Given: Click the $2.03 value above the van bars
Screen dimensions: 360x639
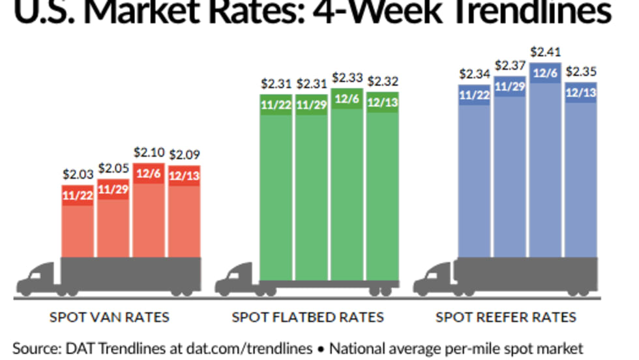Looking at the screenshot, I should tap(78, 174).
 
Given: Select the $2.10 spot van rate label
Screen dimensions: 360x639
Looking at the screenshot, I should tap(148, 152).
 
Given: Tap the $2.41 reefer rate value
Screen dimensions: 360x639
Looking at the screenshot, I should tap(545, 51).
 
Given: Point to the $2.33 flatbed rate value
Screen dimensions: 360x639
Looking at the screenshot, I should tap(348, 77).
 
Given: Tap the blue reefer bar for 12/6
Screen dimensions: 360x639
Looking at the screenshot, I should tap(545, 163).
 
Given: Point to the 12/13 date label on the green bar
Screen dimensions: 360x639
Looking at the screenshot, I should tap(383, 103).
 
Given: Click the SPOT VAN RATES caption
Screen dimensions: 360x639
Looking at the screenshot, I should tap(110, 318).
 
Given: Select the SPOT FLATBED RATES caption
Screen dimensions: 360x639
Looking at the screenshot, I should tap(308, 318).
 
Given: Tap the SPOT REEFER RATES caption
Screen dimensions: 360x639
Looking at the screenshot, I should tap(506, 318).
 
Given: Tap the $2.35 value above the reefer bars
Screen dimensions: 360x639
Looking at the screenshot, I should tap(580, 71).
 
